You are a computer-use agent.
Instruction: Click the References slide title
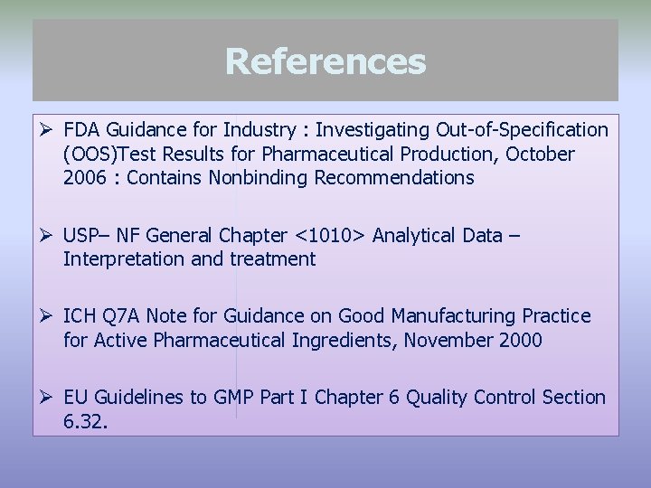[x=325, y=61]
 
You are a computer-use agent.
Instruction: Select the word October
[x=540, y=155]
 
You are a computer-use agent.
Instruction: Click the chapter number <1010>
[x=330, y=236]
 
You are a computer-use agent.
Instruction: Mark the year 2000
[x=518, y=340]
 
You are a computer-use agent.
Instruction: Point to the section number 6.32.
[x=86, y=421]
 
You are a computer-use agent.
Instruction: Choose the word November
[x=445, y=340]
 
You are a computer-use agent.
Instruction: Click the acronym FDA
[x=84, y=131]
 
